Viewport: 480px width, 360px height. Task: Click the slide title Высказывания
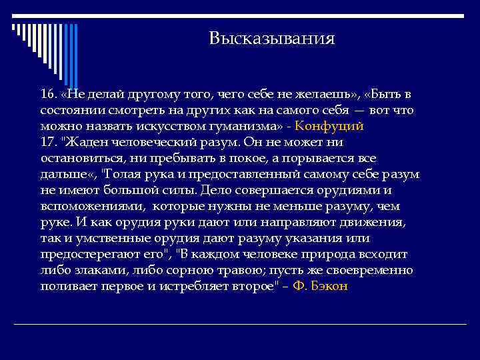click(271, 38)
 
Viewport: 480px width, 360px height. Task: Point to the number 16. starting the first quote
click(49, 93)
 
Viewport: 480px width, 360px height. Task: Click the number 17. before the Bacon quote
click(49, 142)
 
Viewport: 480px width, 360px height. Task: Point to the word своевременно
click(372, 271)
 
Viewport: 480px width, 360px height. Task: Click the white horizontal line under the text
click(240, 324)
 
